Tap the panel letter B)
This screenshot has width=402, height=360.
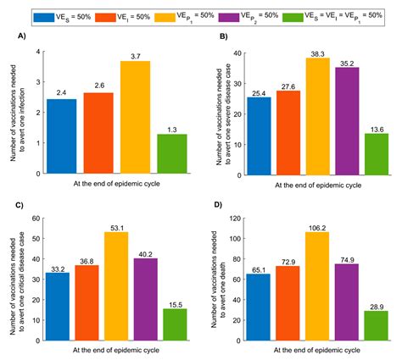(221, 38)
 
